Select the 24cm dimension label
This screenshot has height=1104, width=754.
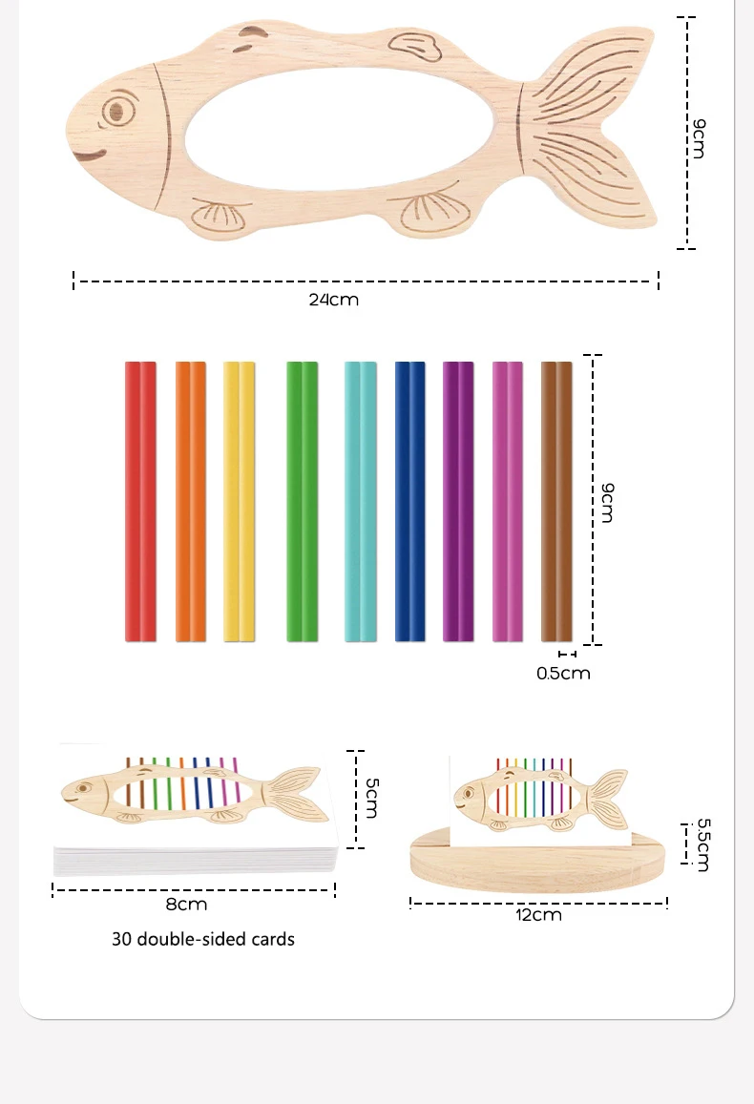[x=333, y=300]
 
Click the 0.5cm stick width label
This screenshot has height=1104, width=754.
[x=563, y=674]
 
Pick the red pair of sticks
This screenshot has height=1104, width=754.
[x=140, y=501]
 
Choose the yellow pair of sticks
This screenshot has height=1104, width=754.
[x=239, y=501]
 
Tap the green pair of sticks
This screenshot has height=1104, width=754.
[x=302, y=501]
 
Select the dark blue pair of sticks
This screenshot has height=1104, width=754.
[x=409, y=501]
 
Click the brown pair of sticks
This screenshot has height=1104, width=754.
[x=556, y=501]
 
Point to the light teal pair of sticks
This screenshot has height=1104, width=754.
[x=360, y=501]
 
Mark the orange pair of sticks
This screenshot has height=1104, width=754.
[x=191, y=501]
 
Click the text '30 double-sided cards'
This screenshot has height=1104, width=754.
[x=203, y=939]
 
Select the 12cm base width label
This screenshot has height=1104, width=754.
[x=539, y=915]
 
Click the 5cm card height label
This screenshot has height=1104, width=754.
[x=372, y=797]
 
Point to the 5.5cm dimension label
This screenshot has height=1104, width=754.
[x=703, y=844]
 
